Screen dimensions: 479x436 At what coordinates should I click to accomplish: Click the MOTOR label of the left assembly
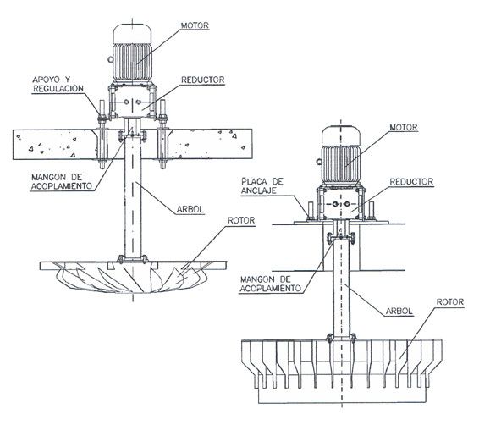195,25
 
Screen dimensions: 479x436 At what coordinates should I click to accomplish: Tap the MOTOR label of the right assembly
404,127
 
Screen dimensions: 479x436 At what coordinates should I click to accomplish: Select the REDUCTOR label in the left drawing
203,80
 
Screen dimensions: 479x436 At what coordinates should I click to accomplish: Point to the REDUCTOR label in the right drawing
411,182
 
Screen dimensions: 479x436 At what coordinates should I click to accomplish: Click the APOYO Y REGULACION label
58,84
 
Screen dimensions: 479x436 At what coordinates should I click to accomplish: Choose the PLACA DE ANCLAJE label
262,186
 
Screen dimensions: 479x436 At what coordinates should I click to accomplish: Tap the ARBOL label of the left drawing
190,209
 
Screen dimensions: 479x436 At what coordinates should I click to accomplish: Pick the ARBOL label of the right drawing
399,312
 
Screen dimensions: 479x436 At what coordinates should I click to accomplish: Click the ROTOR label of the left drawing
241,221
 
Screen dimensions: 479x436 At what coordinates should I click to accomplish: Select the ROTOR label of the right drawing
450,302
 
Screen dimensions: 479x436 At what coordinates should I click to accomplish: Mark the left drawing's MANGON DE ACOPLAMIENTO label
62,181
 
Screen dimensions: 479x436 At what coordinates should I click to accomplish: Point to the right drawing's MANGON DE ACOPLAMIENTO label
271,284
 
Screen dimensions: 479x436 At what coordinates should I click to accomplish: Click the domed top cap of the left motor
132,34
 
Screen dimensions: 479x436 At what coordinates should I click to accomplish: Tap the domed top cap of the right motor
341,135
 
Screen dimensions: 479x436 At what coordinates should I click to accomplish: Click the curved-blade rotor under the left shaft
133,277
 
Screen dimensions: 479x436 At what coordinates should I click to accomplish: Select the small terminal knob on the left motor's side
110,59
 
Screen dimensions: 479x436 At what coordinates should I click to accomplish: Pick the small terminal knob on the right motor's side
319,162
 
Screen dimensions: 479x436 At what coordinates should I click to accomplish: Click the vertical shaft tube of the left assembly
133,199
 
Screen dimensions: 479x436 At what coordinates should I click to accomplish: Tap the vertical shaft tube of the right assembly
341,287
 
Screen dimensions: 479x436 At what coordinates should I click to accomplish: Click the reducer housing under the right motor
341,203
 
